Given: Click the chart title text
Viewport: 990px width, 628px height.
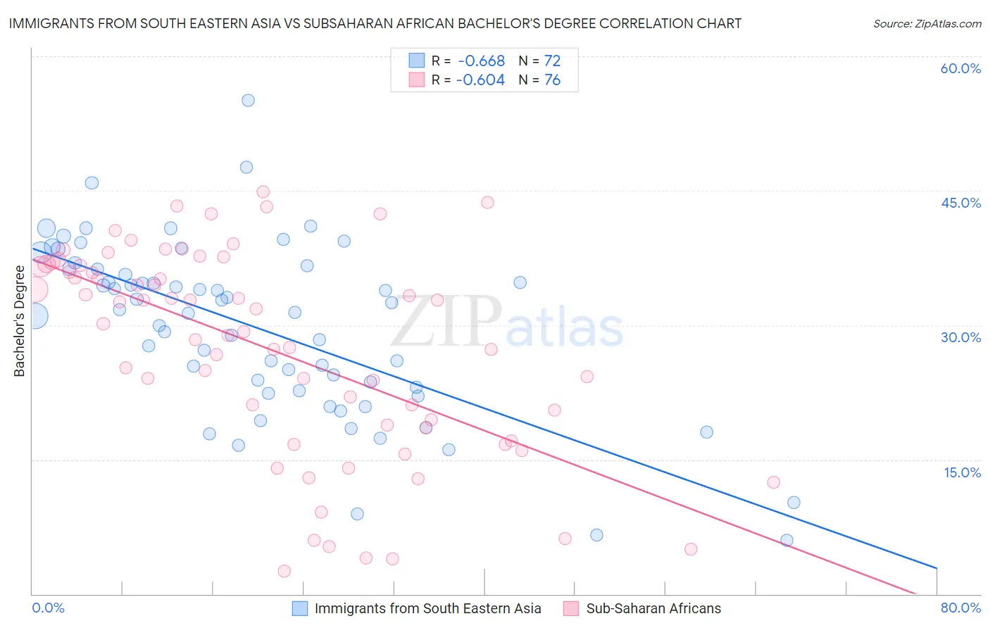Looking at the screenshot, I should pos(375,23).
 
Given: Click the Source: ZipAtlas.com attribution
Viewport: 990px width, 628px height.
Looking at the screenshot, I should pos(927,24).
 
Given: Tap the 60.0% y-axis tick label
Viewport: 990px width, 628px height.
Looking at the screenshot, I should pos(960,68).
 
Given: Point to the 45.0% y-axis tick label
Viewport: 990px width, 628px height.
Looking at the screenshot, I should pos(960,203).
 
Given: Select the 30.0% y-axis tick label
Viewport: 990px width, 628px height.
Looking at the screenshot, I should pos(960,337).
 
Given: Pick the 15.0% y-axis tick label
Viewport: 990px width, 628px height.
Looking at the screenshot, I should pos(962,472).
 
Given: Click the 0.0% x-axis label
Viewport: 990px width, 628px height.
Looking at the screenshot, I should pos(49,608).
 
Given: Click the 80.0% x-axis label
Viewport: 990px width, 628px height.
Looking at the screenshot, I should pos(960,608).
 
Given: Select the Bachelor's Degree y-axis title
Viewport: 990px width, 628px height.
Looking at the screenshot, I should pos(19,321).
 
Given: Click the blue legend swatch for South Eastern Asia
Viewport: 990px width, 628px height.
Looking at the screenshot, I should pos(300,608).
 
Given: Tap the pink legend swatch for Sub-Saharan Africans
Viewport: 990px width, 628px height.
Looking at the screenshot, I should pos(571,608).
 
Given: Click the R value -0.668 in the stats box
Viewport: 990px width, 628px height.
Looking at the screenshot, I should pos(482,61).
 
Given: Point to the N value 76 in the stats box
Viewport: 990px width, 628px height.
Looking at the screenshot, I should pos(552,80).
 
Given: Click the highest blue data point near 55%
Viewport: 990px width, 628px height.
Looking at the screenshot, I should pos(248,100).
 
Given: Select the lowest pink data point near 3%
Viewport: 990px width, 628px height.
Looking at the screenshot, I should pos(284,571).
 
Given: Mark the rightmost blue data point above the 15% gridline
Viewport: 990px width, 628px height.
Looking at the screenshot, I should pos(706,432).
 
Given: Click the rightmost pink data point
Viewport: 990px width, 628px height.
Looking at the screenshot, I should pos(773,482).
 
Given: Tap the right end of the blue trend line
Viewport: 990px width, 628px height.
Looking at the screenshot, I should pos(936,567).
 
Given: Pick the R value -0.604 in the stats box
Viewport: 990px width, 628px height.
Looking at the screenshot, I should pos(480,80).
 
